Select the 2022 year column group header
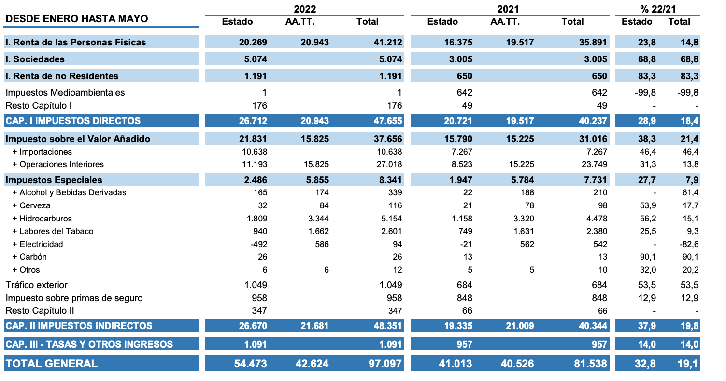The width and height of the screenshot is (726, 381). click(305, 9)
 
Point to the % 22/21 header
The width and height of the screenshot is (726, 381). click(658, 9)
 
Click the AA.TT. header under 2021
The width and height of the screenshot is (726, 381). click(505, 22)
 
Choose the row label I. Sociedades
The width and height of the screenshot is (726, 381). click(35, 59)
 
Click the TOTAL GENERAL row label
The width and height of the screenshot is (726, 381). click(52, 364)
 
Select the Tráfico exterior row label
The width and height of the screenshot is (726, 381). click(36, 285)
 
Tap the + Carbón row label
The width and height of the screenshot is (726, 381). click(30, 257)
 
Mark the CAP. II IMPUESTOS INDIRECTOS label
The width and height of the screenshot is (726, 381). click(79, 326)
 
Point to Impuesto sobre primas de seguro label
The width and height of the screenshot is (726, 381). click(74, 298)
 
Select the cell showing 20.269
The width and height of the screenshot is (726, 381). click(253, 42)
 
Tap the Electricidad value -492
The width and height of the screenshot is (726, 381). click(256, 244)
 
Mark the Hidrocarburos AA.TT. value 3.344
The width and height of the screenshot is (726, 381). click(318, 219)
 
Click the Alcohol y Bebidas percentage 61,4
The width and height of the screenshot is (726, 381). click(689, 192)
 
